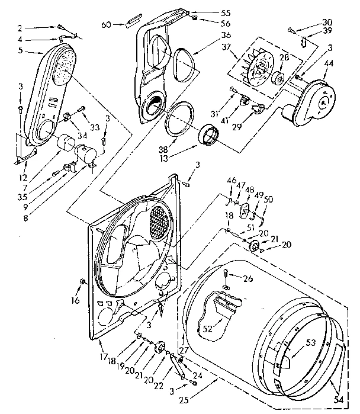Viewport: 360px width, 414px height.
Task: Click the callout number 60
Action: coord(107,24)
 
